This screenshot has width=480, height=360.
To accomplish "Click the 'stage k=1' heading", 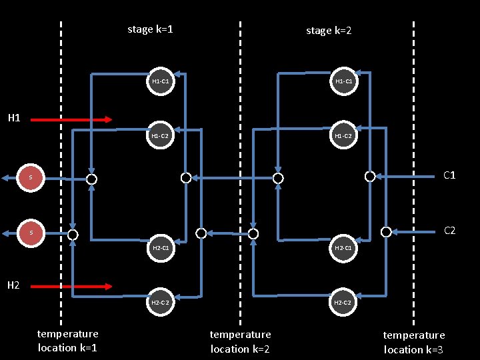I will (151, 29).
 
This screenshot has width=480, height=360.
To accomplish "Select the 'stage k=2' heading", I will (329, 30).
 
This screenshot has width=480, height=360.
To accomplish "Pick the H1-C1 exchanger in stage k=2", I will (343, 81).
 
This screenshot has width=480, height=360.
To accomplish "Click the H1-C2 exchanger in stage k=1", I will (160, 136).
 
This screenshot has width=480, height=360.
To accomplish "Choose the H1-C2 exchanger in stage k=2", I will (343, 136).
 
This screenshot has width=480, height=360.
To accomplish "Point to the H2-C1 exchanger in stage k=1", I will (160, 248).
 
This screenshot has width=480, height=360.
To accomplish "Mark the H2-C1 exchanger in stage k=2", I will (343, 248).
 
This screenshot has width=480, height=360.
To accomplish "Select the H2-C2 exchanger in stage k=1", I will (160, 303).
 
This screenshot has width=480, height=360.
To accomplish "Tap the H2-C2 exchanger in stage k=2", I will (343, 303).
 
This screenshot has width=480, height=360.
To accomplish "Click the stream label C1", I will (449, 176).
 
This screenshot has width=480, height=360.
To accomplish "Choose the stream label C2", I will (449, 231).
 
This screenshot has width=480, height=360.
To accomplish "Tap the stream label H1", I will (14, 118).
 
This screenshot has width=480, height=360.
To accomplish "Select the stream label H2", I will (14, 285).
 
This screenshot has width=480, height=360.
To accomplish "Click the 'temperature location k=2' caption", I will (240, 341).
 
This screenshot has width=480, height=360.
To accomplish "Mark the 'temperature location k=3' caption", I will (413, 342).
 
